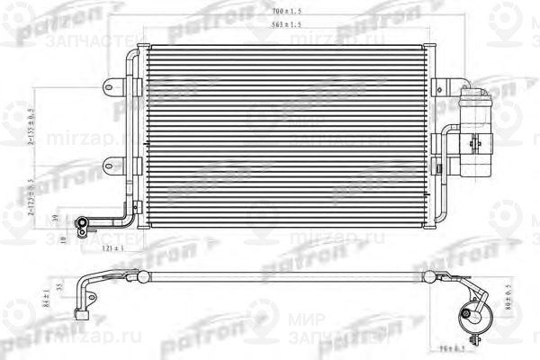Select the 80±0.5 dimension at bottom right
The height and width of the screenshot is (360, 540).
[x=508, y=294]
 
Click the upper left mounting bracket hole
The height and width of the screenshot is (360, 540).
[x=109, y=88]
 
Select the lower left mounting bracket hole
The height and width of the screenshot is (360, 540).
[x=109, y=164]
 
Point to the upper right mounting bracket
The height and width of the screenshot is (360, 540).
[x=441, y=88]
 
